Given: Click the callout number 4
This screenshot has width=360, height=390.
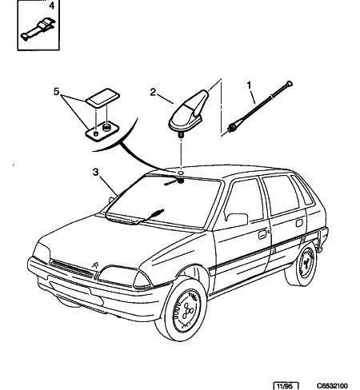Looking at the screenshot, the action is click(51, 6).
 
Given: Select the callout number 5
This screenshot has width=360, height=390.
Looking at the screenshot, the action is click(56, 92).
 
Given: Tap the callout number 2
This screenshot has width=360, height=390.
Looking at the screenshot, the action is click(153, 92).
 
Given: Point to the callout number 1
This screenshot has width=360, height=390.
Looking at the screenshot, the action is click(249, 86).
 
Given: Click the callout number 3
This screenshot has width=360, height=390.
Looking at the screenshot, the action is click(95, 172).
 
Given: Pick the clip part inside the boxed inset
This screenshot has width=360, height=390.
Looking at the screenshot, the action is click(38, 29).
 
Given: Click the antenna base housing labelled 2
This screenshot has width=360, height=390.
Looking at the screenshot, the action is click(189, 112).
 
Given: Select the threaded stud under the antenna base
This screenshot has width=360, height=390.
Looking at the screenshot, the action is click(181, 134).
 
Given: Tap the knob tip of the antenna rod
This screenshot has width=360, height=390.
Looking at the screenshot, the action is click(290, 84).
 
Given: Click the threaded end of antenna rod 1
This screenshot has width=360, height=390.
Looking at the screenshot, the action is click(231, 127).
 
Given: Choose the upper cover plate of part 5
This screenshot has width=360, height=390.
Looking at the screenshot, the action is click(102, 98).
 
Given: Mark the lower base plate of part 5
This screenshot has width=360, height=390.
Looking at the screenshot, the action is click(102, 131).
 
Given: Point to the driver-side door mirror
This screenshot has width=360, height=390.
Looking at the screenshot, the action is click(238, 220).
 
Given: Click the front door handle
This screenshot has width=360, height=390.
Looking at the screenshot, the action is click(262, 234).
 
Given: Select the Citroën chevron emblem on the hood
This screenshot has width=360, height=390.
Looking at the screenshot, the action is click(95, 265).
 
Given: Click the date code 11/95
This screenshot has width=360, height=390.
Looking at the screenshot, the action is click(285, 386).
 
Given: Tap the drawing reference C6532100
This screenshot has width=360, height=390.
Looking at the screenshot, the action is click(332, 386).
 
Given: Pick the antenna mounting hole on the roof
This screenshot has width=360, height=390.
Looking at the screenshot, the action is click(181, 173).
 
